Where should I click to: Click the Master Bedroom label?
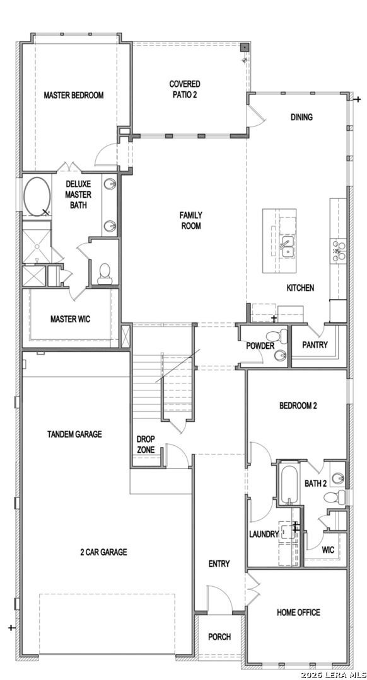coord(74,95)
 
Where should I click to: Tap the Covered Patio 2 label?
coord(185,89)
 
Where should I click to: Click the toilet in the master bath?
coord(105,274)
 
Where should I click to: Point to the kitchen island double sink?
coord(287,246)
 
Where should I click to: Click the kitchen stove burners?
coord(339,251)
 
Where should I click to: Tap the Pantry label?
coord(315,345)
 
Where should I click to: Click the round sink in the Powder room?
coord(281,356)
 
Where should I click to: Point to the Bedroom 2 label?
coord(298,406)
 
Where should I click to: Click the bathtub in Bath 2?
coord(288,484)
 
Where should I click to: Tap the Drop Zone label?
coord(146,445)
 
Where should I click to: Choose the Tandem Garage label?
coord(74,434)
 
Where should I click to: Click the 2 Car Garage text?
coord(104,552)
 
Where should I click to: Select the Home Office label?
coord(298,613)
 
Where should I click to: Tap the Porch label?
coord(219,637)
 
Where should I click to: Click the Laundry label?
coord(264,535)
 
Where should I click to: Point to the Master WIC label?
coord(71,319)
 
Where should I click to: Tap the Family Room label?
coord(191,220)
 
